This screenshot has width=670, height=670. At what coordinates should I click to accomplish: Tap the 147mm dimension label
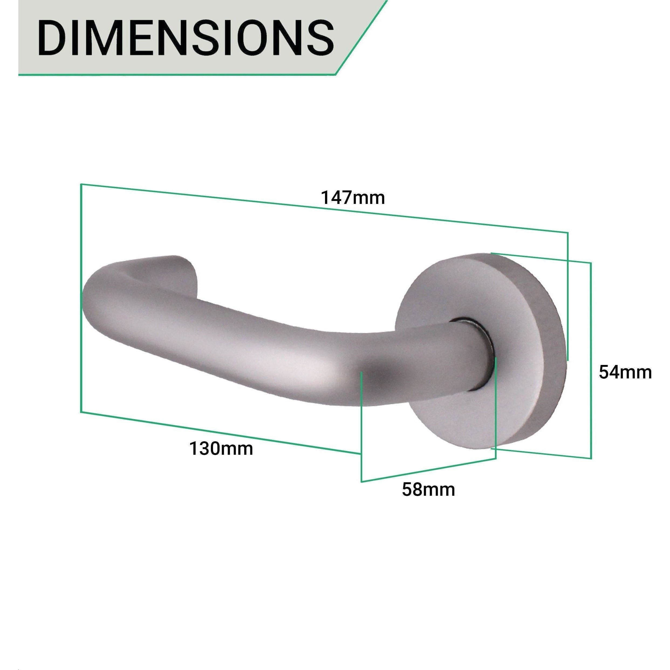point(353,198)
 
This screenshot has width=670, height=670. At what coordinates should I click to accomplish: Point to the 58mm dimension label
point(428,489)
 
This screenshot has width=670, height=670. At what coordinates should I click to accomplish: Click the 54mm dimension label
point(625,372)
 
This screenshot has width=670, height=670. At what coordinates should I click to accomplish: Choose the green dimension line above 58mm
point(428,470)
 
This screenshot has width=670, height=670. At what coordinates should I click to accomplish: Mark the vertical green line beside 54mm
point(591,361)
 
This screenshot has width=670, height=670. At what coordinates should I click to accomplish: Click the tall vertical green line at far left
point(81,298)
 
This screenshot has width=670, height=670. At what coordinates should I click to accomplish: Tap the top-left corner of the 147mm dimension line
point(81,184)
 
